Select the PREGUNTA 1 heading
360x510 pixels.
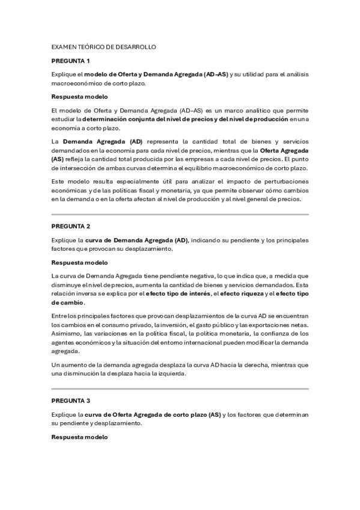(x=70, y=61)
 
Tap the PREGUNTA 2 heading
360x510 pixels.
(x=70, y=226)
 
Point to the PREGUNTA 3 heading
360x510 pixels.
(x=70, y=400)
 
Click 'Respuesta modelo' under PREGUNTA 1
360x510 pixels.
(x=79, y=97)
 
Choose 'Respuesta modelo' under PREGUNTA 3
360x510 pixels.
(x=79, y=437)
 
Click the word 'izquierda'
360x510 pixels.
(x=174, y=373)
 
